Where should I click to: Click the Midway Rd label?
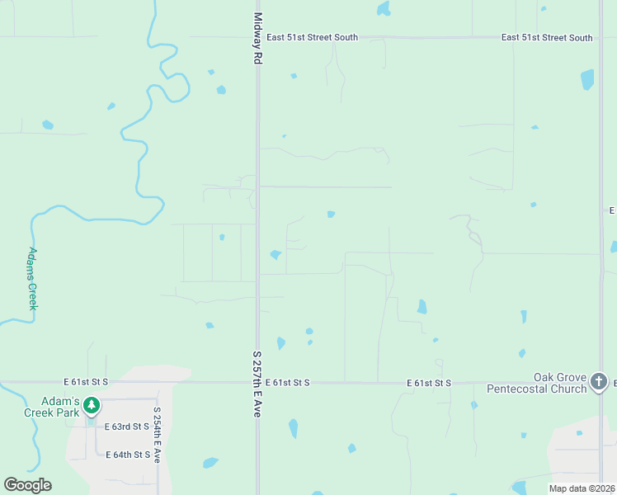[258, 39]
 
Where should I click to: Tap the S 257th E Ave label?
[256, 384]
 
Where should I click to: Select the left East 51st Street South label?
[312, 38]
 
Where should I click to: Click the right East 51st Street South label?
[546, 38]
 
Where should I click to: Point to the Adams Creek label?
[33, 278]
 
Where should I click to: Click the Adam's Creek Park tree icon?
[92, 405]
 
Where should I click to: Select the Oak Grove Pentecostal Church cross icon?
[599, 381]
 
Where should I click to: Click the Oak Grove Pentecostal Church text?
[536, 383]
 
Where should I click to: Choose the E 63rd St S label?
[127, 427]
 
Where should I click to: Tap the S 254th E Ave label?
[156, 434]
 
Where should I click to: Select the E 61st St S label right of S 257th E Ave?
[288, 383]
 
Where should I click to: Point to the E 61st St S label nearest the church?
[430, 383]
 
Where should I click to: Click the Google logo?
[27, 485]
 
